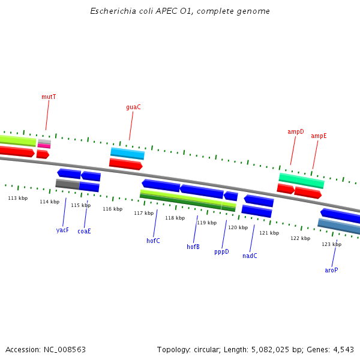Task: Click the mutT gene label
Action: (49, 97)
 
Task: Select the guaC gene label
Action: (133, 107)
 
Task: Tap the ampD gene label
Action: (296, 131)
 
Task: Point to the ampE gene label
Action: (319, 136)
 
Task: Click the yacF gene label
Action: (62, 230)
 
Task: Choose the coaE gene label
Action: (84, 231)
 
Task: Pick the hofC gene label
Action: (153, 241)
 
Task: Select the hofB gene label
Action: (193, 247)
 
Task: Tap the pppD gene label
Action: (221, 252)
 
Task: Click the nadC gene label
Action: (250, 256)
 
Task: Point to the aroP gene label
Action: (331, 270)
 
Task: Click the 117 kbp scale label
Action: (143, 213)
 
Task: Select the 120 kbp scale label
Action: (238, 227)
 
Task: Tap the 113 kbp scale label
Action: (17, 198)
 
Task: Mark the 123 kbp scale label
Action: (331, 244)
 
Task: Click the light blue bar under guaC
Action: (127, 154)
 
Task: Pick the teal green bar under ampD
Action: (301, 180)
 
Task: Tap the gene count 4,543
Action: (343, 349)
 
